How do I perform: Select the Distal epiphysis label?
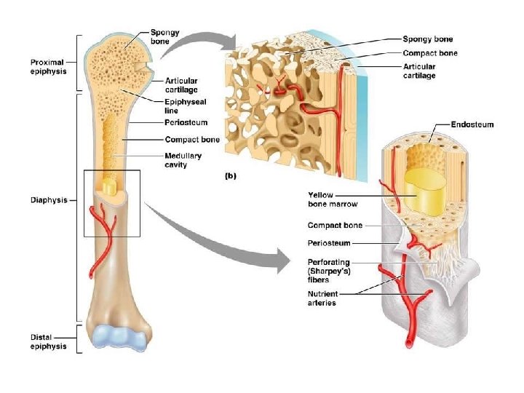pos(49,341)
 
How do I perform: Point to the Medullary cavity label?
pos(183,160)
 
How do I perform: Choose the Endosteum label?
pos(472,124)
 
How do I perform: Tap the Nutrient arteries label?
pos(322,298)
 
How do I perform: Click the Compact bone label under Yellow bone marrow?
pos(335,226)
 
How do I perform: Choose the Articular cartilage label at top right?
pos(420,71)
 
